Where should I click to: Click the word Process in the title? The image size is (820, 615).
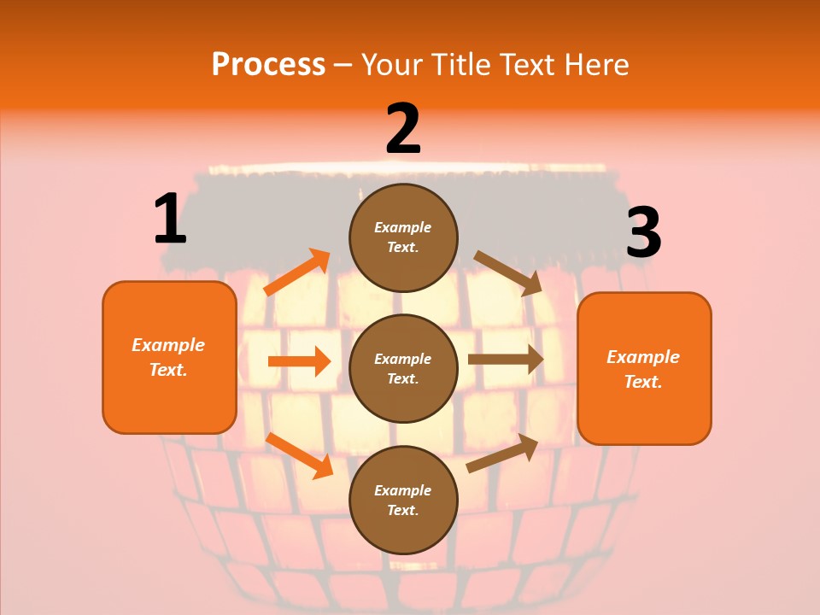[269, 65]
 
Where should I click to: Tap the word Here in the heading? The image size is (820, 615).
[596, 64]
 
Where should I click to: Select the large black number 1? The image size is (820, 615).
[171, 218]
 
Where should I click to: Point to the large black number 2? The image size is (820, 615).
[403, 128]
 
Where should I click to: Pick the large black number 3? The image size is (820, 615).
[644, 231]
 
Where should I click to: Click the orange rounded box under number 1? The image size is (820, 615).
[169, 358]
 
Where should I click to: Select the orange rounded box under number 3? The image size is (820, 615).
[644, 369]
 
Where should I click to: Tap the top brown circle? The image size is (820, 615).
[403, 237]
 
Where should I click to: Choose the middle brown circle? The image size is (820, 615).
[403, 369]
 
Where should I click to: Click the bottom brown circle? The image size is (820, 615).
[403, 500]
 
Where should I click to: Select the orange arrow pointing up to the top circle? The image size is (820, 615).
[297, 272]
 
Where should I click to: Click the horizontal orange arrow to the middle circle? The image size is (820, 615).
[299, 361]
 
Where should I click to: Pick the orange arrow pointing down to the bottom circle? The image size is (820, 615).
[300, 455]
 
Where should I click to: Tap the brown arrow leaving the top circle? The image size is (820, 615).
[507, 273]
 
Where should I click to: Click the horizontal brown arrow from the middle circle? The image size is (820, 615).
[506, 360]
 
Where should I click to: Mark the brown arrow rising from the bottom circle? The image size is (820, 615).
[502, 454]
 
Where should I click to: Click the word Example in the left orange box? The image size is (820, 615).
[168, 345]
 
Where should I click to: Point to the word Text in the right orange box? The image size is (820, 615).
[643, 381]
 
